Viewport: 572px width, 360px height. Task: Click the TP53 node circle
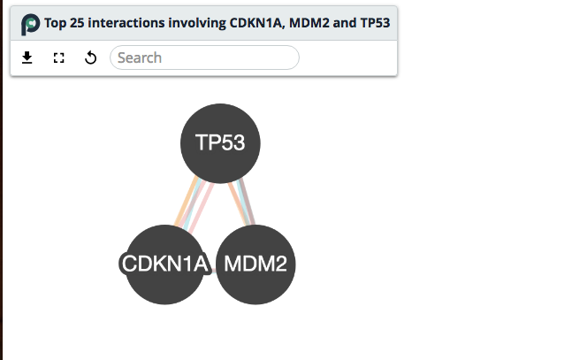click(219, 142)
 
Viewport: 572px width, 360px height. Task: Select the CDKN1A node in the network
click(165, 264)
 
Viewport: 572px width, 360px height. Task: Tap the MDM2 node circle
click(255, 264)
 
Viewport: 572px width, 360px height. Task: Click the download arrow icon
click(27, 57)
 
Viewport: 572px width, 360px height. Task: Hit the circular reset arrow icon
click(90, 57)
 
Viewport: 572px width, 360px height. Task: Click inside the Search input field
click(204, 57)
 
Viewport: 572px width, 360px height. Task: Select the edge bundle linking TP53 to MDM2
click(241, 202)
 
